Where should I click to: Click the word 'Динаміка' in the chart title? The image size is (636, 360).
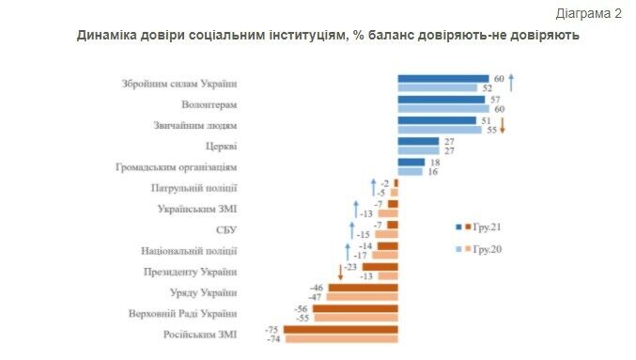112,35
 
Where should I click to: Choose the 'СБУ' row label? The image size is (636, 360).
225,229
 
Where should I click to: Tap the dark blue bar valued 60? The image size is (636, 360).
443,79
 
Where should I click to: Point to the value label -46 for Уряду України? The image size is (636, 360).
317,288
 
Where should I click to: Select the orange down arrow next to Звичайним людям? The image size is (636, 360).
503,125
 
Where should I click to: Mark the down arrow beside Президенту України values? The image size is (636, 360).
339,272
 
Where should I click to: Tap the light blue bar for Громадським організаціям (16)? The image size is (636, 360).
411,172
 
